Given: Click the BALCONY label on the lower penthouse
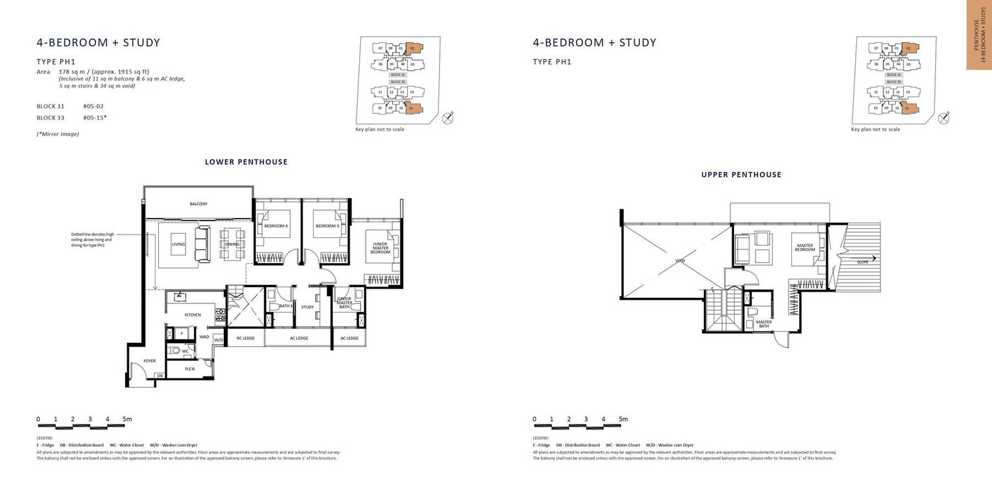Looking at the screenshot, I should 198,204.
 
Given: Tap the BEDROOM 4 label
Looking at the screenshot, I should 275,226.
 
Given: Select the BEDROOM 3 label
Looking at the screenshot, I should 327,226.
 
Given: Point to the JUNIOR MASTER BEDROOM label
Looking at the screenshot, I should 380,248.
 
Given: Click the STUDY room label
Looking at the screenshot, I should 308,307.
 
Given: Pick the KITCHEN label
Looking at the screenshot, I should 192,315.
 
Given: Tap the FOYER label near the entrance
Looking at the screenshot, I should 149,361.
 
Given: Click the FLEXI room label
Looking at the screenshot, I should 190,369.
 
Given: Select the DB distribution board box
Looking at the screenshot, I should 159,376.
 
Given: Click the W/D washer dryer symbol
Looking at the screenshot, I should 218,340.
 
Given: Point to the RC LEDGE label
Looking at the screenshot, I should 246,338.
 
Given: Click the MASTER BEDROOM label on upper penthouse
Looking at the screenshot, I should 805,248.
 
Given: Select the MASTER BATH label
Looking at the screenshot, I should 764,324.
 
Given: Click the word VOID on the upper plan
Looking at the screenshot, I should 680,262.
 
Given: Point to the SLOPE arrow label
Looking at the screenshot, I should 863,262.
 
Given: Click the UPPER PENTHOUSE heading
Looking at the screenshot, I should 741,175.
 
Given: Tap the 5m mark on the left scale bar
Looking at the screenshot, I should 127,419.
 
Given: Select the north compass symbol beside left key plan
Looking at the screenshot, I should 448,118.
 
